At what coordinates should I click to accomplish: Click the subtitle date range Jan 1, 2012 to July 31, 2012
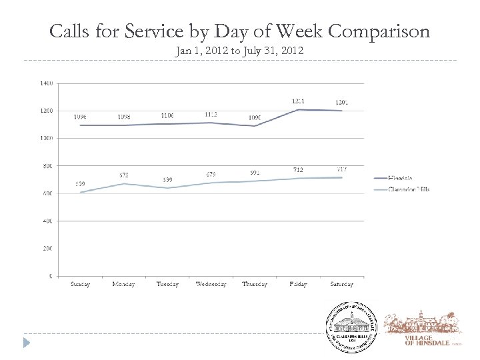click(x=239, y=51)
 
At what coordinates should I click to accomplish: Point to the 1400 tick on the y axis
click(x=47, y=83)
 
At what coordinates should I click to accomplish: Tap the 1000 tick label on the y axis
click(x=47, y=138)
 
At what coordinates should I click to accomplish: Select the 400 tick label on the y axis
click(x=47, y=221)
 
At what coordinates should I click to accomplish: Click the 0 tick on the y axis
click(x=51, y=275)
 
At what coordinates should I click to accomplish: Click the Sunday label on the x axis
click(x=80, y=285)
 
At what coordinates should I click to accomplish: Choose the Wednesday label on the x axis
click(x=211, y=285)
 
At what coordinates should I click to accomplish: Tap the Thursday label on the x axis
click(x=255, y=285)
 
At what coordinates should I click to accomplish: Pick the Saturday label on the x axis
click(x=341, y=285)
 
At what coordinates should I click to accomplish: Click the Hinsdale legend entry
click(x=401, y=179)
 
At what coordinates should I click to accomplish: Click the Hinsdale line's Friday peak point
click(x=298, y=110)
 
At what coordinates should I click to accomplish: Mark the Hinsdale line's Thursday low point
click(x=255, y=126)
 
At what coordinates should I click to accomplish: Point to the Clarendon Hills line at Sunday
click(x=80, y=192)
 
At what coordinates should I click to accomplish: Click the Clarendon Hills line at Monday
click(x=123, y=183)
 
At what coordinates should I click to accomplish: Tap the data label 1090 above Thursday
click(x=255, y=118)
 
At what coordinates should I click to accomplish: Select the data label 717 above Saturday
click(x=342, y=170)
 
